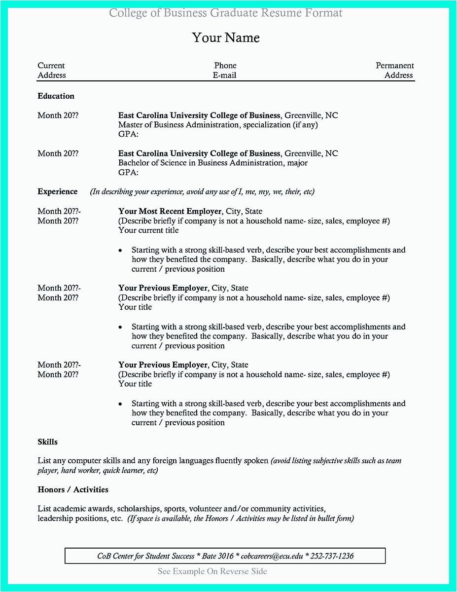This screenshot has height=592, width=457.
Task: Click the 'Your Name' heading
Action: click(x=226, y=38)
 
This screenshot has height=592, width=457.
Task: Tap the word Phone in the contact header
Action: click(x=225, y=66)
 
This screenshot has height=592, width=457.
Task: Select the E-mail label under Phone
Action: click(x=225, y=75)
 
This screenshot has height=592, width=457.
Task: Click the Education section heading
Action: click(x=56, y=96)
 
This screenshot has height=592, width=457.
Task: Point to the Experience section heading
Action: click(x=58, y=191)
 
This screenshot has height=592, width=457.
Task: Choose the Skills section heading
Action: click(x=48, y=442)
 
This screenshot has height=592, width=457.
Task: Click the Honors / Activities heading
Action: click(x=73, y=489)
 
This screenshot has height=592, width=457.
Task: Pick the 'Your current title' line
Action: click(x=148, y=230)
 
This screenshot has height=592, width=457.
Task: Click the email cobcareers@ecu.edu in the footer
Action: click(x=272, y=556)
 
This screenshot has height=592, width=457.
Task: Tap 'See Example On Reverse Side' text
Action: click(x=212, y=571)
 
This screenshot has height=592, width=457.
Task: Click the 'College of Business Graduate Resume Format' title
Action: click(x=226, y=13)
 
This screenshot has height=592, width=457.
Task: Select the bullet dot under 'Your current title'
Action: click(x=120, y=251)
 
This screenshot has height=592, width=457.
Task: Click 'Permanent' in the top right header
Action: click(x=395, y=66)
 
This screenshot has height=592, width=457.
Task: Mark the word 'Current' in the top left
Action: click(x=51, y=66)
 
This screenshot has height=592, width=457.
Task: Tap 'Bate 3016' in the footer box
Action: click(x=218, y=556)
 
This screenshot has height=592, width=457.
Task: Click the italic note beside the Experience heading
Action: click(x=202, y=191)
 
